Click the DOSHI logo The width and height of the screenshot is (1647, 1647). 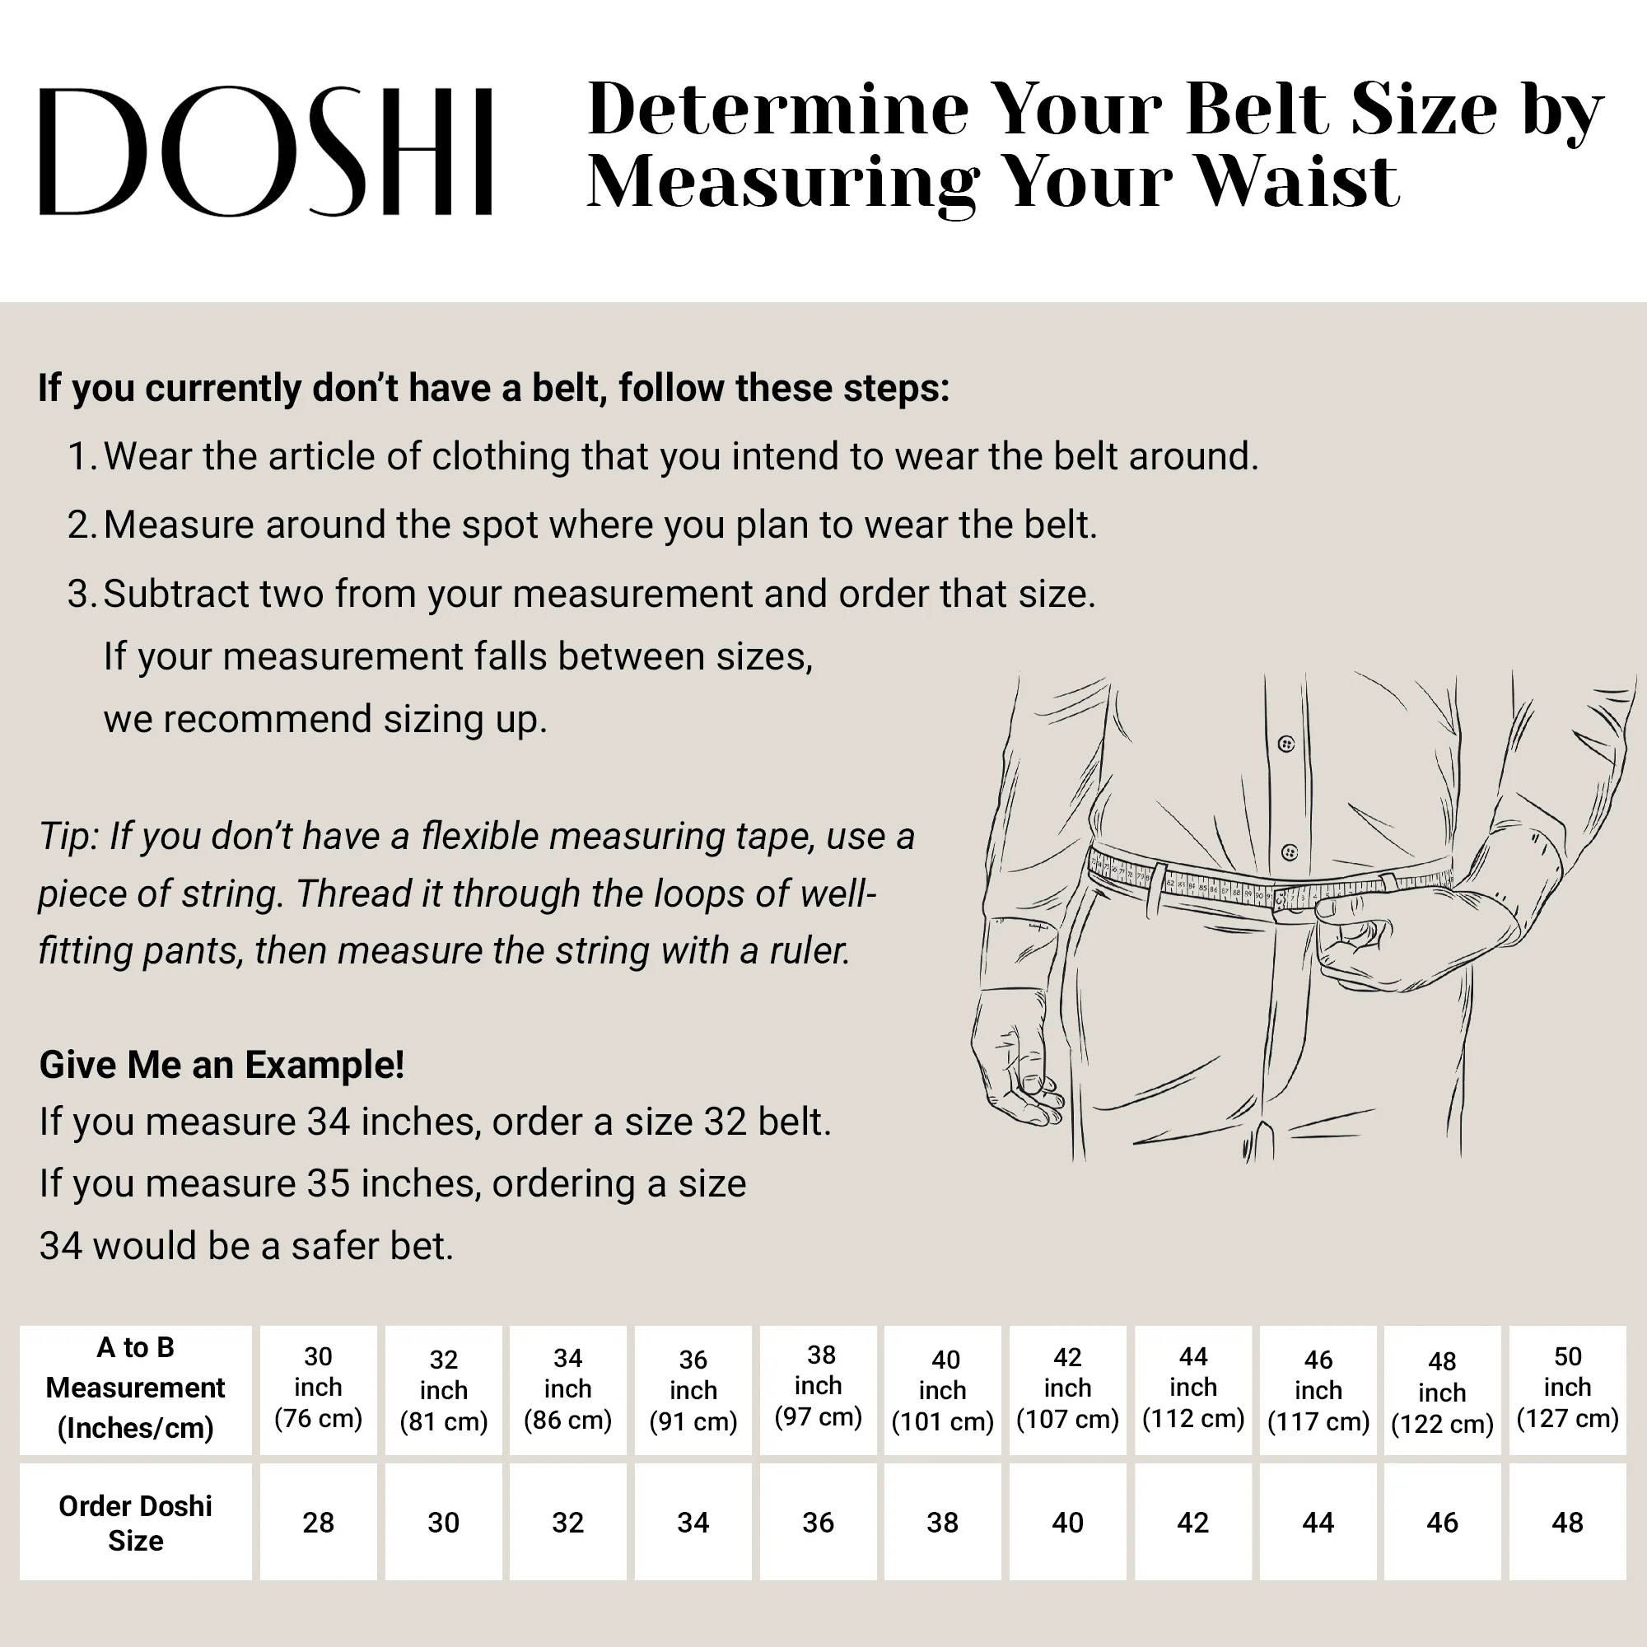[265, 151]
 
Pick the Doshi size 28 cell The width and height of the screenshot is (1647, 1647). [318, 1523]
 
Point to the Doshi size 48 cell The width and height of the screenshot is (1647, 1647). [1567, 1523]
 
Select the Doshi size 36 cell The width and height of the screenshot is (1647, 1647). [818, 1523]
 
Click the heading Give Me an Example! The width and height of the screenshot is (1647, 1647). [222, 1065]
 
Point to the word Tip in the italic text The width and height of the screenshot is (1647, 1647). [68, 837]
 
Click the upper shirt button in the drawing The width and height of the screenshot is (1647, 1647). [1286, 744]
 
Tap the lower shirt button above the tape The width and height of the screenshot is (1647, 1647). [1289, 852]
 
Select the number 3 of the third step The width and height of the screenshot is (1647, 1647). [78, 595]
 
